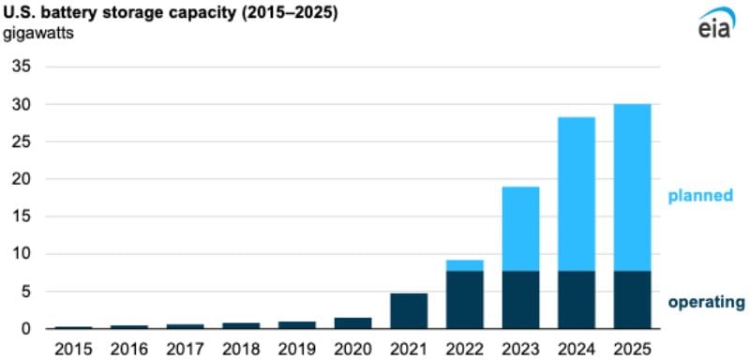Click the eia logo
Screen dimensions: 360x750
[716, 25]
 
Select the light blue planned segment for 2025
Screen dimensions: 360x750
[632, 187]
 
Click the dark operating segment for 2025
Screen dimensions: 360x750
[632, 300]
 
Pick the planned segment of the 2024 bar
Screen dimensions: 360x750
[576, 194]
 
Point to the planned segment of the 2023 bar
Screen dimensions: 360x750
[520, 229]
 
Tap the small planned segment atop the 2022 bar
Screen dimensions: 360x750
[464, 265]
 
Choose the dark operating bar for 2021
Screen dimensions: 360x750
[409, 311]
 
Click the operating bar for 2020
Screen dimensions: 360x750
[352, 323]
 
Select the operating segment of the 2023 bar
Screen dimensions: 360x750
[520, 300]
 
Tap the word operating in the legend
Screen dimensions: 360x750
[706, 302]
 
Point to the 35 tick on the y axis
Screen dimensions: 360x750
[21, 67]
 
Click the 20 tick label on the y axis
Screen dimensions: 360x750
[21, 180]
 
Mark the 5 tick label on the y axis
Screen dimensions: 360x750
[25, 292]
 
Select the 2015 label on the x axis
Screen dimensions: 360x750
[73, 348]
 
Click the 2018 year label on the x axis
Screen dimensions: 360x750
[241, 348]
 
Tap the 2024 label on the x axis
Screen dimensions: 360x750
[576, 348]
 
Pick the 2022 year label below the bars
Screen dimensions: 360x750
[464, 348]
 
